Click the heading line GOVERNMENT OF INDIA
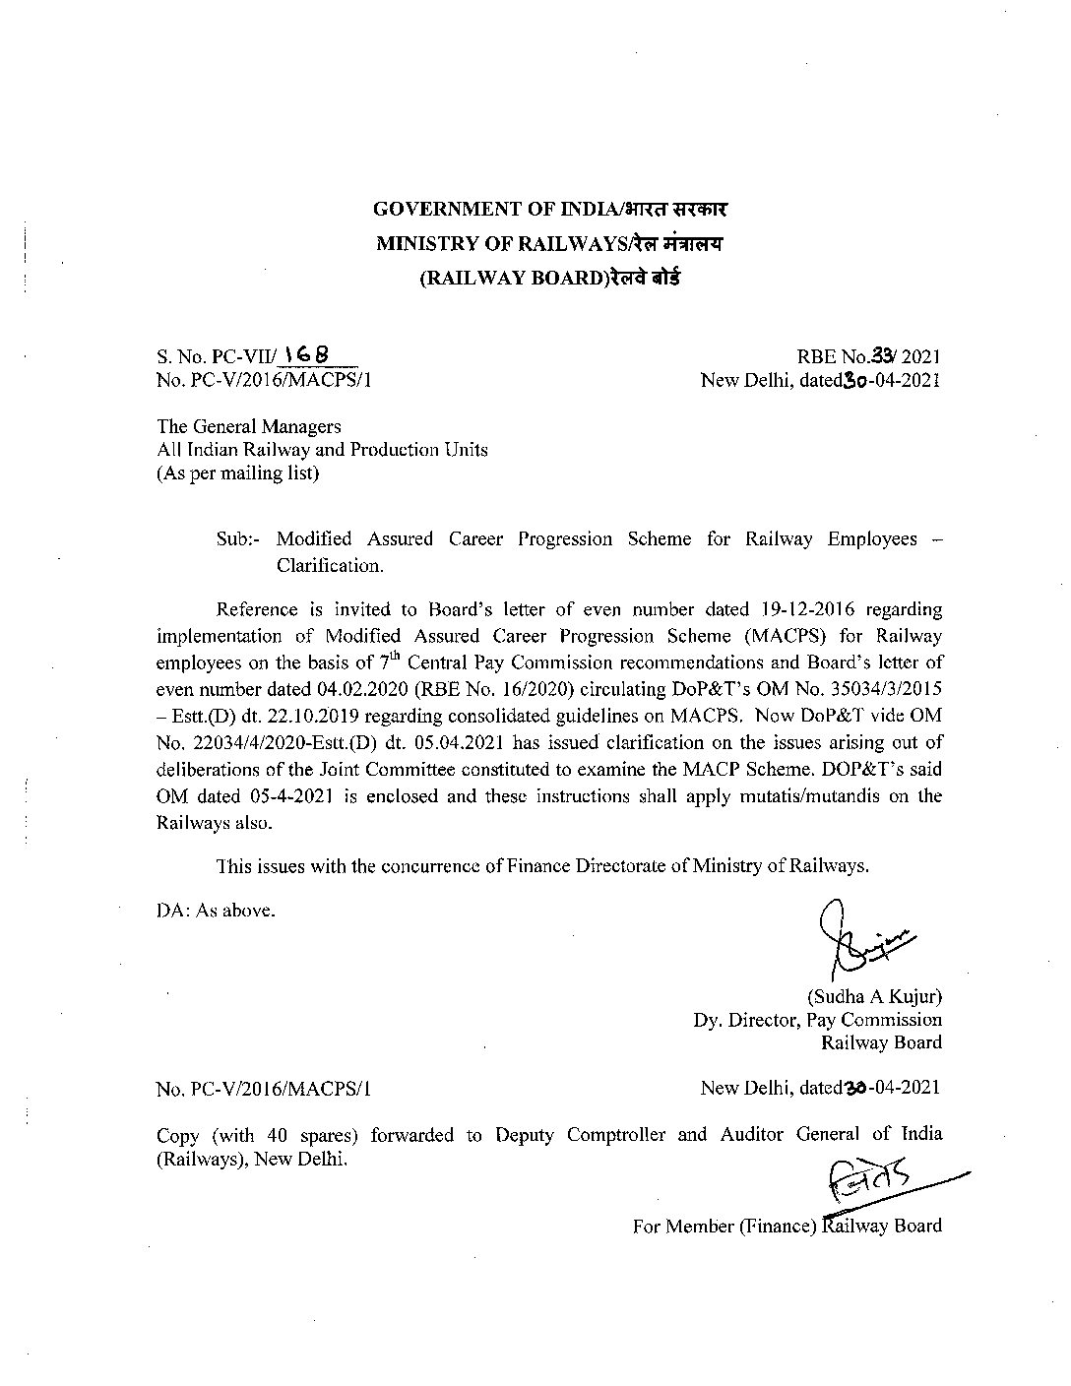pyautogui.click(x=550, y=210)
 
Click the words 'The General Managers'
pyautogui.click(x=249, y=426)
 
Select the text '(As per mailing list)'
pyautogui.click(x=238, y=473)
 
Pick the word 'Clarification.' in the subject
pyautogui.click(x=329, y=566)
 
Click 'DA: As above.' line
pyautogui.click(x=217, y=911)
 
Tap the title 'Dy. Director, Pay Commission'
pyautogui.click(x=817, y=1020)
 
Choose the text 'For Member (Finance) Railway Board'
pyautogui.click(x=787, y=1227)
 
